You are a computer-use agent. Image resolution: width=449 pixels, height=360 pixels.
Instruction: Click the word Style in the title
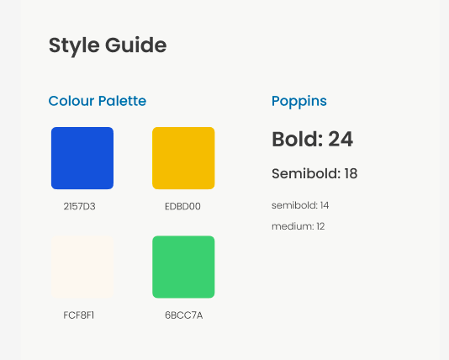pyautogui.click(x=74, y=45)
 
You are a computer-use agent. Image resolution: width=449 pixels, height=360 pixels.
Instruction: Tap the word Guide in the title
pyautogui.click(x=136, y=45)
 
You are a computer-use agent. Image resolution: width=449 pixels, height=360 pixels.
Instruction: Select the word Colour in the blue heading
pyautogui.click(x=71, y=101)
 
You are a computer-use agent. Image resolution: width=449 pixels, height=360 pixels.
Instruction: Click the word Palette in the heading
pyautogui.click(x=122, y=101)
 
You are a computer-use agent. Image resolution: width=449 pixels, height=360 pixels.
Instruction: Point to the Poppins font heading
pyautogui.click(x=299, y=102)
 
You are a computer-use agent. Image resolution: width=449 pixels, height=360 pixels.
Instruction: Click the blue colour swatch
pyautogui.click(x=82, y=158)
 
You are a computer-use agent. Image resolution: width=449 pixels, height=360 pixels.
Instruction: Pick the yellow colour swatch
pyautogui.click(x=183, y=158)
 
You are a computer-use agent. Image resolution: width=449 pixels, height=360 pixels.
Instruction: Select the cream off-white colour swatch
pyautogui.click(x=82, y=267)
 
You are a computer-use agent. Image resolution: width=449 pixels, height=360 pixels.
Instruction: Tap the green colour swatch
pyautogui.click(x=183, y=267)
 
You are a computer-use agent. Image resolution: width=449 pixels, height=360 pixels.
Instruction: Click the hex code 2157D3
pyautogui.click(x=79, y=206)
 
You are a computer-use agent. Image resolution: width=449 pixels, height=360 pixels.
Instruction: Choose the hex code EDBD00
pyautogui.click(x=182, y=206)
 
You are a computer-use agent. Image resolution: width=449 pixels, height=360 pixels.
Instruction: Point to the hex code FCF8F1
pyautogui.click(x=79, y=315)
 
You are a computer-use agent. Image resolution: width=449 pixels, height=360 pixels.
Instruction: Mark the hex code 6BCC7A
pyautogui.click(x=184, y=315)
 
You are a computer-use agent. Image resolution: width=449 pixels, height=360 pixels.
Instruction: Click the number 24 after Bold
pyautogui.click(x=341, y=139)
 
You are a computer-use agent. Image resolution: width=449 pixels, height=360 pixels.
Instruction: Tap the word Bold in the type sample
pyautogui.click(x=295, y=139)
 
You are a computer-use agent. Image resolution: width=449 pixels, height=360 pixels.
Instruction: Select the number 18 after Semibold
pyautogui.click(x=351, y=173)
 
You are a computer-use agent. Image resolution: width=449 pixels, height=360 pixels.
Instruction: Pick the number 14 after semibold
pyautogui.click(x=325, y=205)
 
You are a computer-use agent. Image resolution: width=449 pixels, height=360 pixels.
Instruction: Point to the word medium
pyautogui.click(x=292, y=226)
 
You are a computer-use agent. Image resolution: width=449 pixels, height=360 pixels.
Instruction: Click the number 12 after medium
pyautogui.click(x=320, y=226)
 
